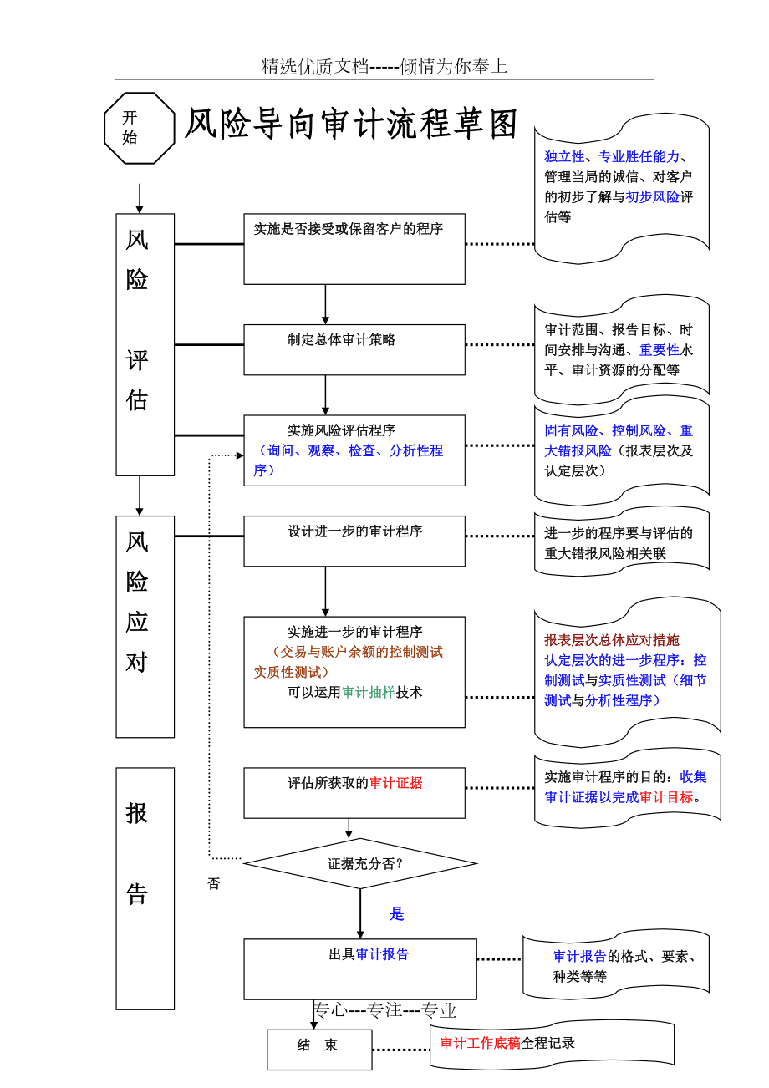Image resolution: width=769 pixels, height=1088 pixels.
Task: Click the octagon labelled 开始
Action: pyautogui.click(x=139, y=128)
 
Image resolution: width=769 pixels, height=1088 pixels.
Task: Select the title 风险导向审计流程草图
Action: pyautogui.click(x=351, y=125)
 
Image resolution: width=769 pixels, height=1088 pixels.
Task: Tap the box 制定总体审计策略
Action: pyautogui.click(x=354, y=348)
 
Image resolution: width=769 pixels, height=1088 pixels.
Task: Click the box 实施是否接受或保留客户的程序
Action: pyautogui.click(x=354, y=248)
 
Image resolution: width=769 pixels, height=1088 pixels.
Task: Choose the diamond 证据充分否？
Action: pyautogui.click(x=360, y=863)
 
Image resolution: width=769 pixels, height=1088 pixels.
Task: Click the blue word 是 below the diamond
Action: pyautogui.click(x=397, y=913)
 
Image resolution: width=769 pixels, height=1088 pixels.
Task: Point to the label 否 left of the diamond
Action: pyautogui.click(x=214, y=883)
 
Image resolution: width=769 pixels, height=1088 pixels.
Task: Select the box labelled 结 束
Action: pyautogui.click(x=319, y=1049)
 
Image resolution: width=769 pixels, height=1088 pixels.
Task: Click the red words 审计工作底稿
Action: pyautogui.click(x=480, y=1042)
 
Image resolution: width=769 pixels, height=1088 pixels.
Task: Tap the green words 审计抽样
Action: pyautogui.click(x=368, y=692)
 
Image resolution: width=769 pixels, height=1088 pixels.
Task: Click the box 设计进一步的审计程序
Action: pyautogui.click(x=354, y=541)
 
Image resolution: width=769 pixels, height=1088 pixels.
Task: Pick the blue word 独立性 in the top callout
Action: pyautogui.click(x=564, y=156)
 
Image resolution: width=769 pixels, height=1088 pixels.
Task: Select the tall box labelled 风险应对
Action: pyautogui.click(x=145, y=626)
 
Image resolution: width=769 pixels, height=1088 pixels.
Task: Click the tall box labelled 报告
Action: pyautogui.click(x=145, y=887)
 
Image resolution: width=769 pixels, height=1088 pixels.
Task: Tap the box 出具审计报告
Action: pyautogui.click(x=359, y=969)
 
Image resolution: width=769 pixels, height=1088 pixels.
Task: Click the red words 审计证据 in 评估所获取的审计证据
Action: pyautogui.click(x=396, y=783)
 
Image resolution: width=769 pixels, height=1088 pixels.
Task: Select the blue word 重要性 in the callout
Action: pyautogui.click(x=660, y=350)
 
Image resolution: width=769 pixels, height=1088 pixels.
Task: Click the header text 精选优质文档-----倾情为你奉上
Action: pyautogui.click(x=384, y=67)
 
